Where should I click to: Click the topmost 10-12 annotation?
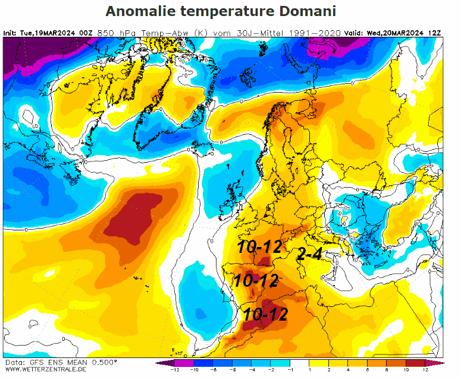click(259, 248)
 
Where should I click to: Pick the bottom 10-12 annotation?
click(265, 314)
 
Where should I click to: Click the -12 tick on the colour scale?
click(174, 370)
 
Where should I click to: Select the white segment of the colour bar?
click(300, 363)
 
